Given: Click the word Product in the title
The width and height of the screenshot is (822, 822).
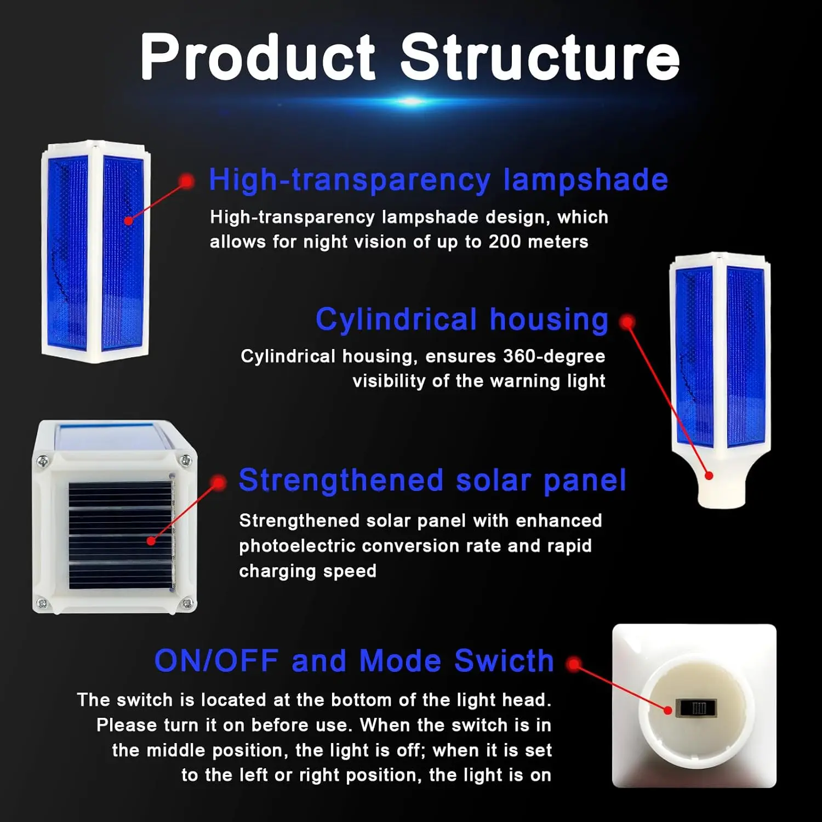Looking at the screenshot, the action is [x=258, y=57].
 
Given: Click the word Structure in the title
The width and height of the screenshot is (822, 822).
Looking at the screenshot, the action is [x=540, y=57].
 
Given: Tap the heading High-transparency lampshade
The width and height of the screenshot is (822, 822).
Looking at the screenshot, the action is [x=438, y=180].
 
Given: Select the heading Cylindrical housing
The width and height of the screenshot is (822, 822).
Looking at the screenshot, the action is [x=462, y=319].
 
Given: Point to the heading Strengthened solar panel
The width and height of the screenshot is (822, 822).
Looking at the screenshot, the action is [x=432, y=481].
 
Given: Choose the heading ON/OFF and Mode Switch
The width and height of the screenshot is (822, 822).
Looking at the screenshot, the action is [x=354, y=660].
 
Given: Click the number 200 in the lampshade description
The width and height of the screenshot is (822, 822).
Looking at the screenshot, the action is [x=505, y=242].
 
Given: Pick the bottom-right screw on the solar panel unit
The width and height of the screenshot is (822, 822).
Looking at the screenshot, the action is [x=186, y=604].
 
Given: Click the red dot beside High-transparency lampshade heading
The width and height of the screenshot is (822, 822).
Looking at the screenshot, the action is [x=186, y=181].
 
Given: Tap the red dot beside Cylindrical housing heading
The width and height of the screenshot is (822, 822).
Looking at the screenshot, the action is [x=627, y=322].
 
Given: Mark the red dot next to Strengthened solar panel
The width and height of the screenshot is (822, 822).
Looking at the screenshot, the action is [x=218, y=483].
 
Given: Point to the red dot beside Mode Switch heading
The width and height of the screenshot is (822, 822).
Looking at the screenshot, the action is [x=574, y=664].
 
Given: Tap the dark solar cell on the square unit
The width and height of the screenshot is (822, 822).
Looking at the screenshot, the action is [x=121, y=535].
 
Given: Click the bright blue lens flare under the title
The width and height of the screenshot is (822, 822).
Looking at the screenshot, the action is [x=410, y=101].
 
